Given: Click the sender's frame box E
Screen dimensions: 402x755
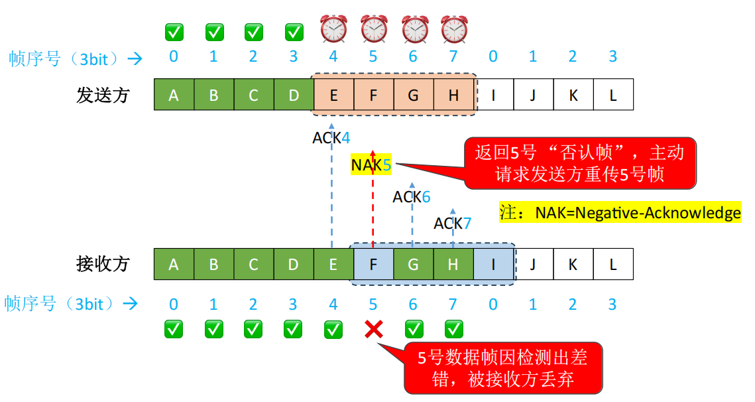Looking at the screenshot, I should tap(333, 95).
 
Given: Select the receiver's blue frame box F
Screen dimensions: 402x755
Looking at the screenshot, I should tap(373, 265).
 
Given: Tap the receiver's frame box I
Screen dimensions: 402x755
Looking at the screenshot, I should tap(493, 265).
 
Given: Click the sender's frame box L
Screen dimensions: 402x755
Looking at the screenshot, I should tap(613, 95).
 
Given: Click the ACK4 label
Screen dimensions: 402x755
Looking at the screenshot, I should tap(331, 138).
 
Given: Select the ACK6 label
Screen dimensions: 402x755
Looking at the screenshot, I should tap(411, 197).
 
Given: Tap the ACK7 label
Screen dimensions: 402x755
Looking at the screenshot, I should tap(452, 224).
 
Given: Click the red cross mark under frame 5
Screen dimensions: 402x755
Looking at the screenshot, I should tap(374, 328).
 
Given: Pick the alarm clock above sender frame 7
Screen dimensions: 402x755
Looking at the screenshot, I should tap(455, 29).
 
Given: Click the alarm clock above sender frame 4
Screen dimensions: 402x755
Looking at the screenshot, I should tap(333, 29).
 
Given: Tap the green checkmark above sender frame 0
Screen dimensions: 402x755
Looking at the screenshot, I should tap(174, 31).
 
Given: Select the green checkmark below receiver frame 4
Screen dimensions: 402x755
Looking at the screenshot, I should tap(333, 328).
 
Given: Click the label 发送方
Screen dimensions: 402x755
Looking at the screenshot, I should tap(103, 95).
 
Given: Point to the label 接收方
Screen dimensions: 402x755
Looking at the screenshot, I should tap(103, 265).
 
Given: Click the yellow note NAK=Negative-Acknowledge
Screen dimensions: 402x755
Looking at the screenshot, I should tap(620, 213).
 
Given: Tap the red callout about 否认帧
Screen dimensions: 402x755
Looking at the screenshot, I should tap(579, 163).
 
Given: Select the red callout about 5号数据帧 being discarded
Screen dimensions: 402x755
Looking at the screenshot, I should tap(503, 368).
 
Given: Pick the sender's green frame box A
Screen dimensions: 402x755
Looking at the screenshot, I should tap(174, 95).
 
